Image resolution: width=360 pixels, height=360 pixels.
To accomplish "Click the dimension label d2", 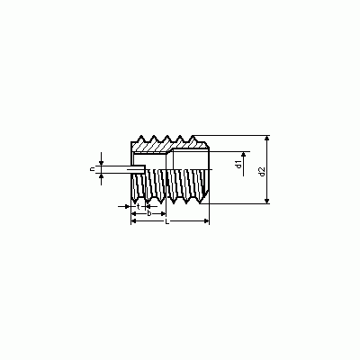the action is (x=262, y=171).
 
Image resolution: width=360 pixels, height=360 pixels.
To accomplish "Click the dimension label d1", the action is (x=238, y=165).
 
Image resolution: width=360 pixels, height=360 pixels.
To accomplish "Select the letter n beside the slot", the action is (x=92, y=169).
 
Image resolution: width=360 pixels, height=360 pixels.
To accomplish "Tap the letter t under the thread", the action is (x=138, y=206).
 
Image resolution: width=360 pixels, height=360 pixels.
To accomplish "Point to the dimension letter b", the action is (x=148, y=213).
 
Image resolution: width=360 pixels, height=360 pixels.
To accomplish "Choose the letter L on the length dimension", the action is (x=167, y=221).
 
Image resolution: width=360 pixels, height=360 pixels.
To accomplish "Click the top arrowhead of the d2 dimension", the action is (x=267, y=138).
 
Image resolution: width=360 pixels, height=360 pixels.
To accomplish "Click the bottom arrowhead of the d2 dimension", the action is (x=267, y=201).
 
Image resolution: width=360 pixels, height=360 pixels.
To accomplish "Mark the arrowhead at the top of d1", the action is (x=244, y=154).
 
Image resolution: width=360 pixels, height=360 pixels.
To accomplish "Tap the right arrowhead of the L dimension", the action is (x=206, y=221).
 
